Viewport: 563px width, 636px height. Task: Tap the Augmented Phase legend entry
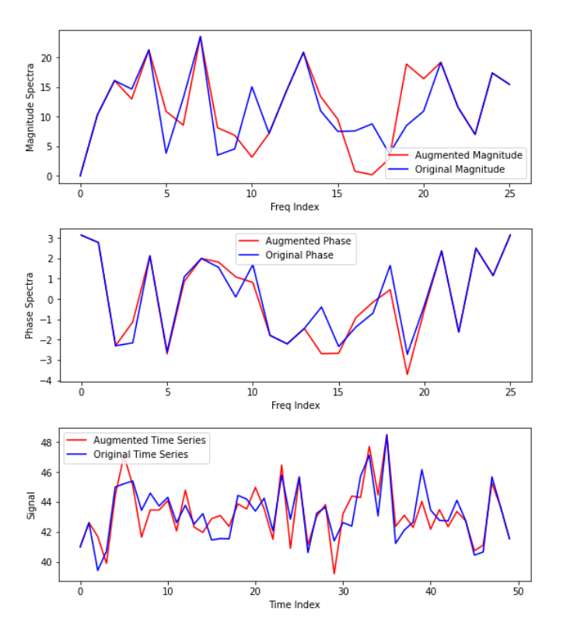point(308,241)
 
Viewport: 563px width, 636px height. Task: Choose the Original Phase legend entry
point(299,255)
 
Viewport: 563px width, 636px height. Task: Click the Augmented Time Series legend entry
point(141,440)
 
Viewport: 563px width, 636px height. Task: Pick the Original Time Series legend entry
point(141,454)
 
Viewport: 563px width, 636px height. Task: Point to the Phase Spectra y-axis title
point(30,305)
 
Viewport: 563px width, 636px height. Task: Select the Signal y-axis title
point(30,504)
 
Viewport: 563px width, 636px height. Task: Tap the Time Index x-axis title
point(295,604)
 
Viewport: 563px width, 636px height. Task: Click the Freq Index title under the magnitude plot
point(295,207)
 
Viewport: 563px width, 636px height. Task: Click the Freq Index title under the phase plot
point(295,406)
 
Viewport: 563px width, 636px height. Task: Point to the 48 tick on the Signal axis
point(46,442)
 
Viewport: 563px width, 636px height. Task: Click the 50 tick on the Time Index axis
point(519,591)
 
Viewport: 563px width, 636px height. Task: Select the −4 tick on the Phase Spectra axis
point(46,381)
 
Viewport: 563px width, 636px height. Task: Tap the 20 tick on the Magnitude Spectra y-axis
point(46,58)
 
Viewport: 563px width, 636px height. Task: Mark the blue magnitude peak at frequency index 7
point(201,37)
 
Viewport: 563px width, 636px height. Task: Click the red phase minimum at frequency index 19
point(407,374)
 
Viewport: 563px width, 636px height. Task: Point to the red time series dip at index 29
point(334,574)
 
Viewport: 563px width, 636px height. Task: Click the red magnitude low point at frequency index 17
point(372,174)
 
